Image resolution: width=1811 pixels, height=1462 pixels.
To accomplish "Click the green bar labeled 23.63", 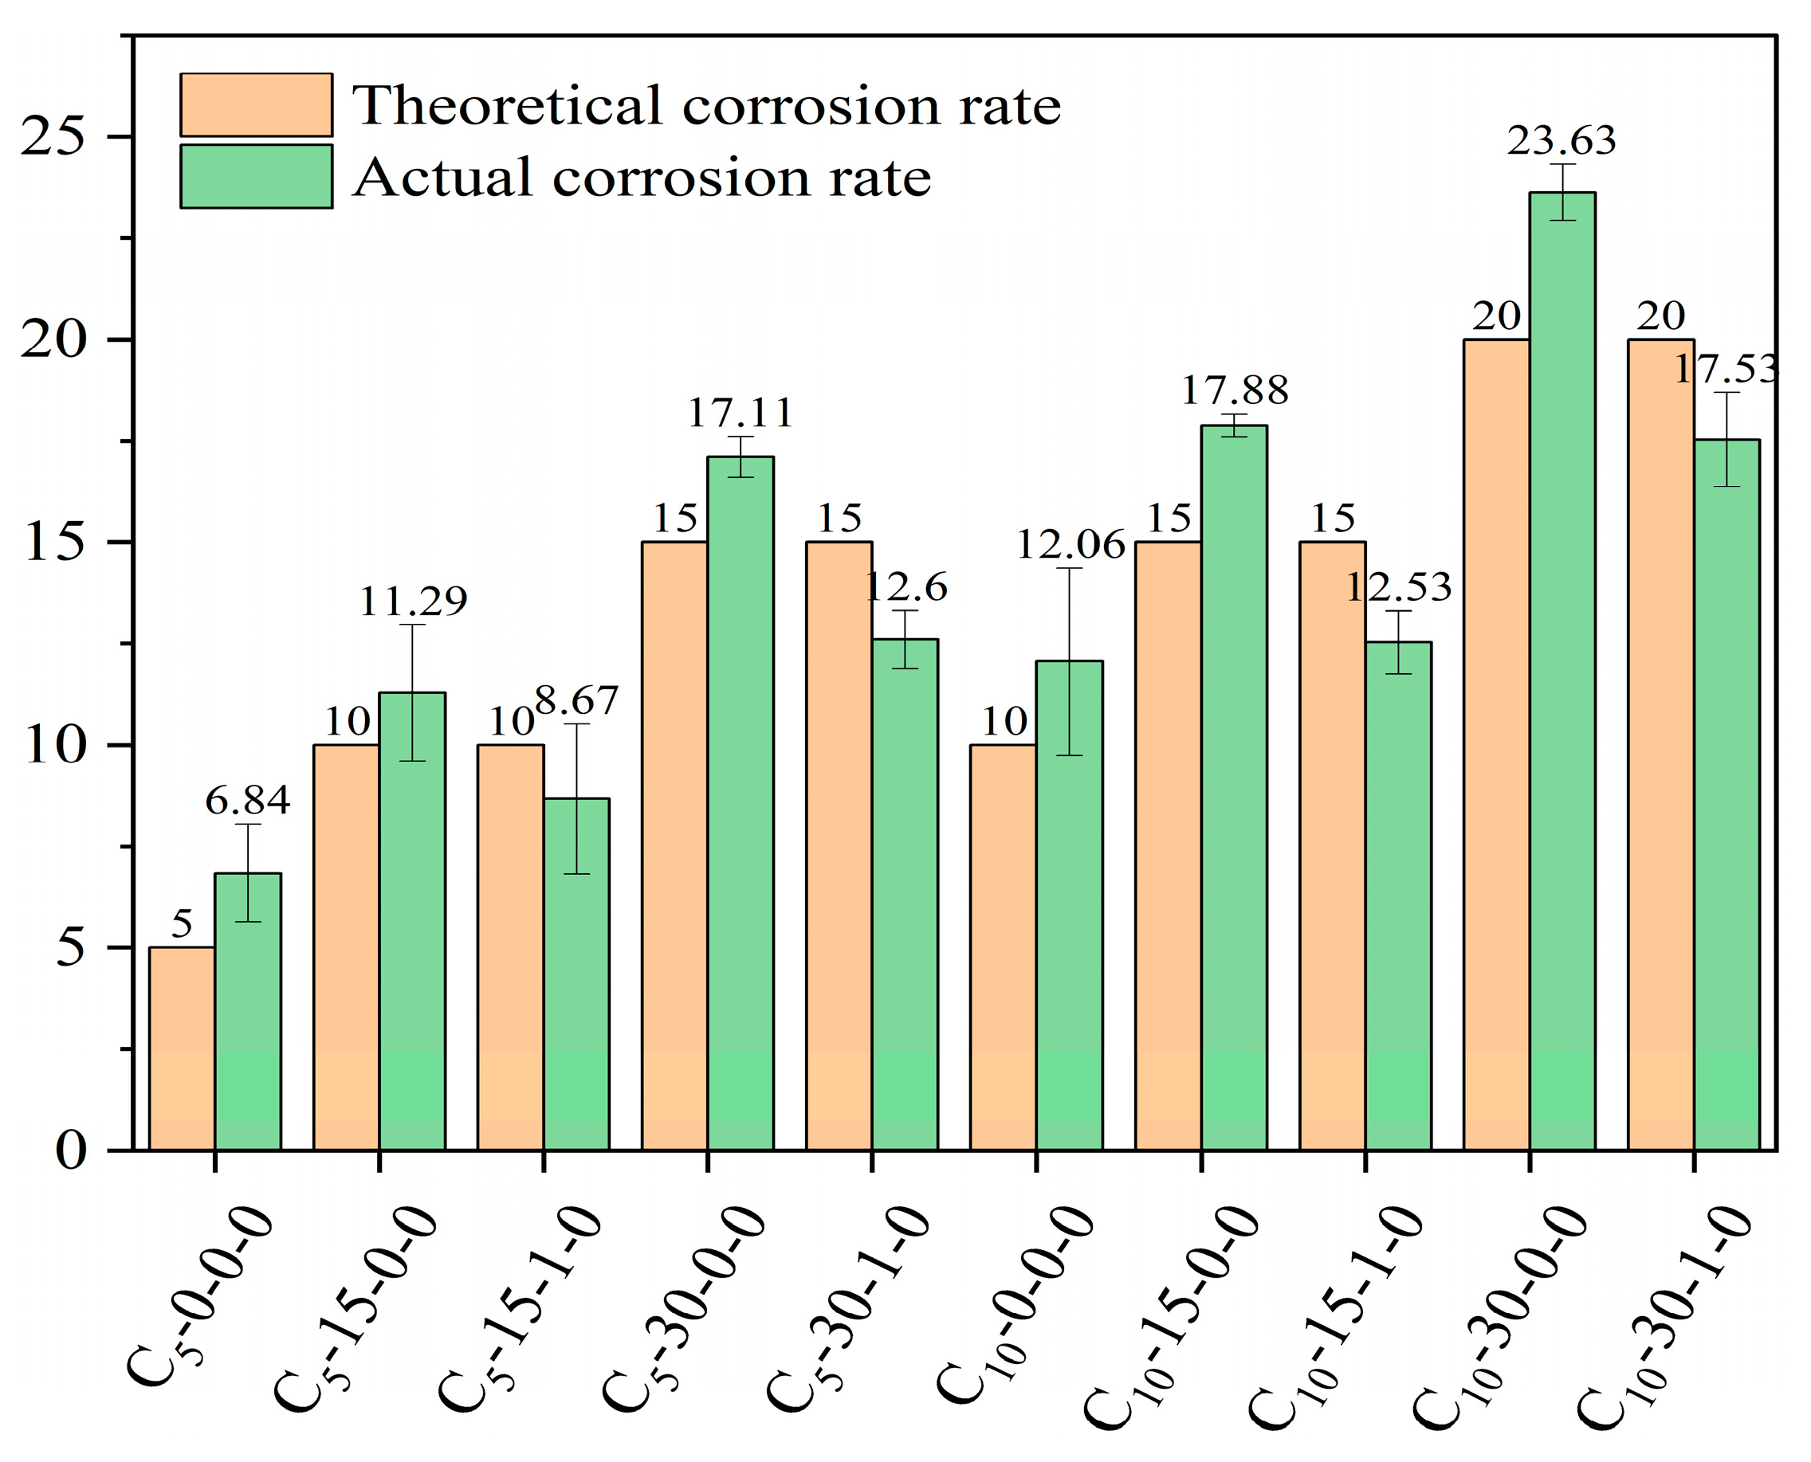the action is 1562,671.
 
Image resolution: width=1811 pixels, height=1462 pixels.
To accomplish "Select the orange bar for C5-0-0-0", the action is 182,1048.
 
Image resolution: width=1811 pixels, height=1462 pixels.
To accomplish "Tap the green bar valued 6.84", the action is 248,1011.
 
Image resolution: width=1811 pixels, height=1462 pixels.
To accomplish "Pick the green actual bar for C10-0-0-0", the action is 1069,905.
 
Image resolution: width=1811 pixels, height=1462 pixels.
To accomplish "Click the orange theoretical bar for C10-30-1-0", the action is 1660,744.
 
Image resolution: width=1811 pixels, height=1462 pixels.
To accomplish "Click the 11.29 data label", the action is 413,602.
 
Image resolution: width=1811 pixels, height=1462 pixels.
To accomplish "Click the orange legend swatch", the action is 256,104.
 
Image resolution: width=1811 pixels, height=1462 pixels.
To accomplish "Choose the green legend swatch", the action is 256,176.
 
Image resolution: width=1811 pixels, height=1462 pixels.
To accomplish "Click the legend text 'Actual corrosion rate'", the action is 642,177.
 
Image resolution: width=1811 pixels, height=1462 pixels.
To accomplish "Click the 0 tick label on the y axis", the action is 72,1151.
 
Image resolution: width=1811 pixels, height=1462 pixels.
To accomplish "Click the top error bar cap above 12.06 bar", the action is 1070,568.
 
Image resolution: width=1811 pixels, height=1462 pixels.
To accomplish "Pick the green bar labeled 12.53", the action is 1398,896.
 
